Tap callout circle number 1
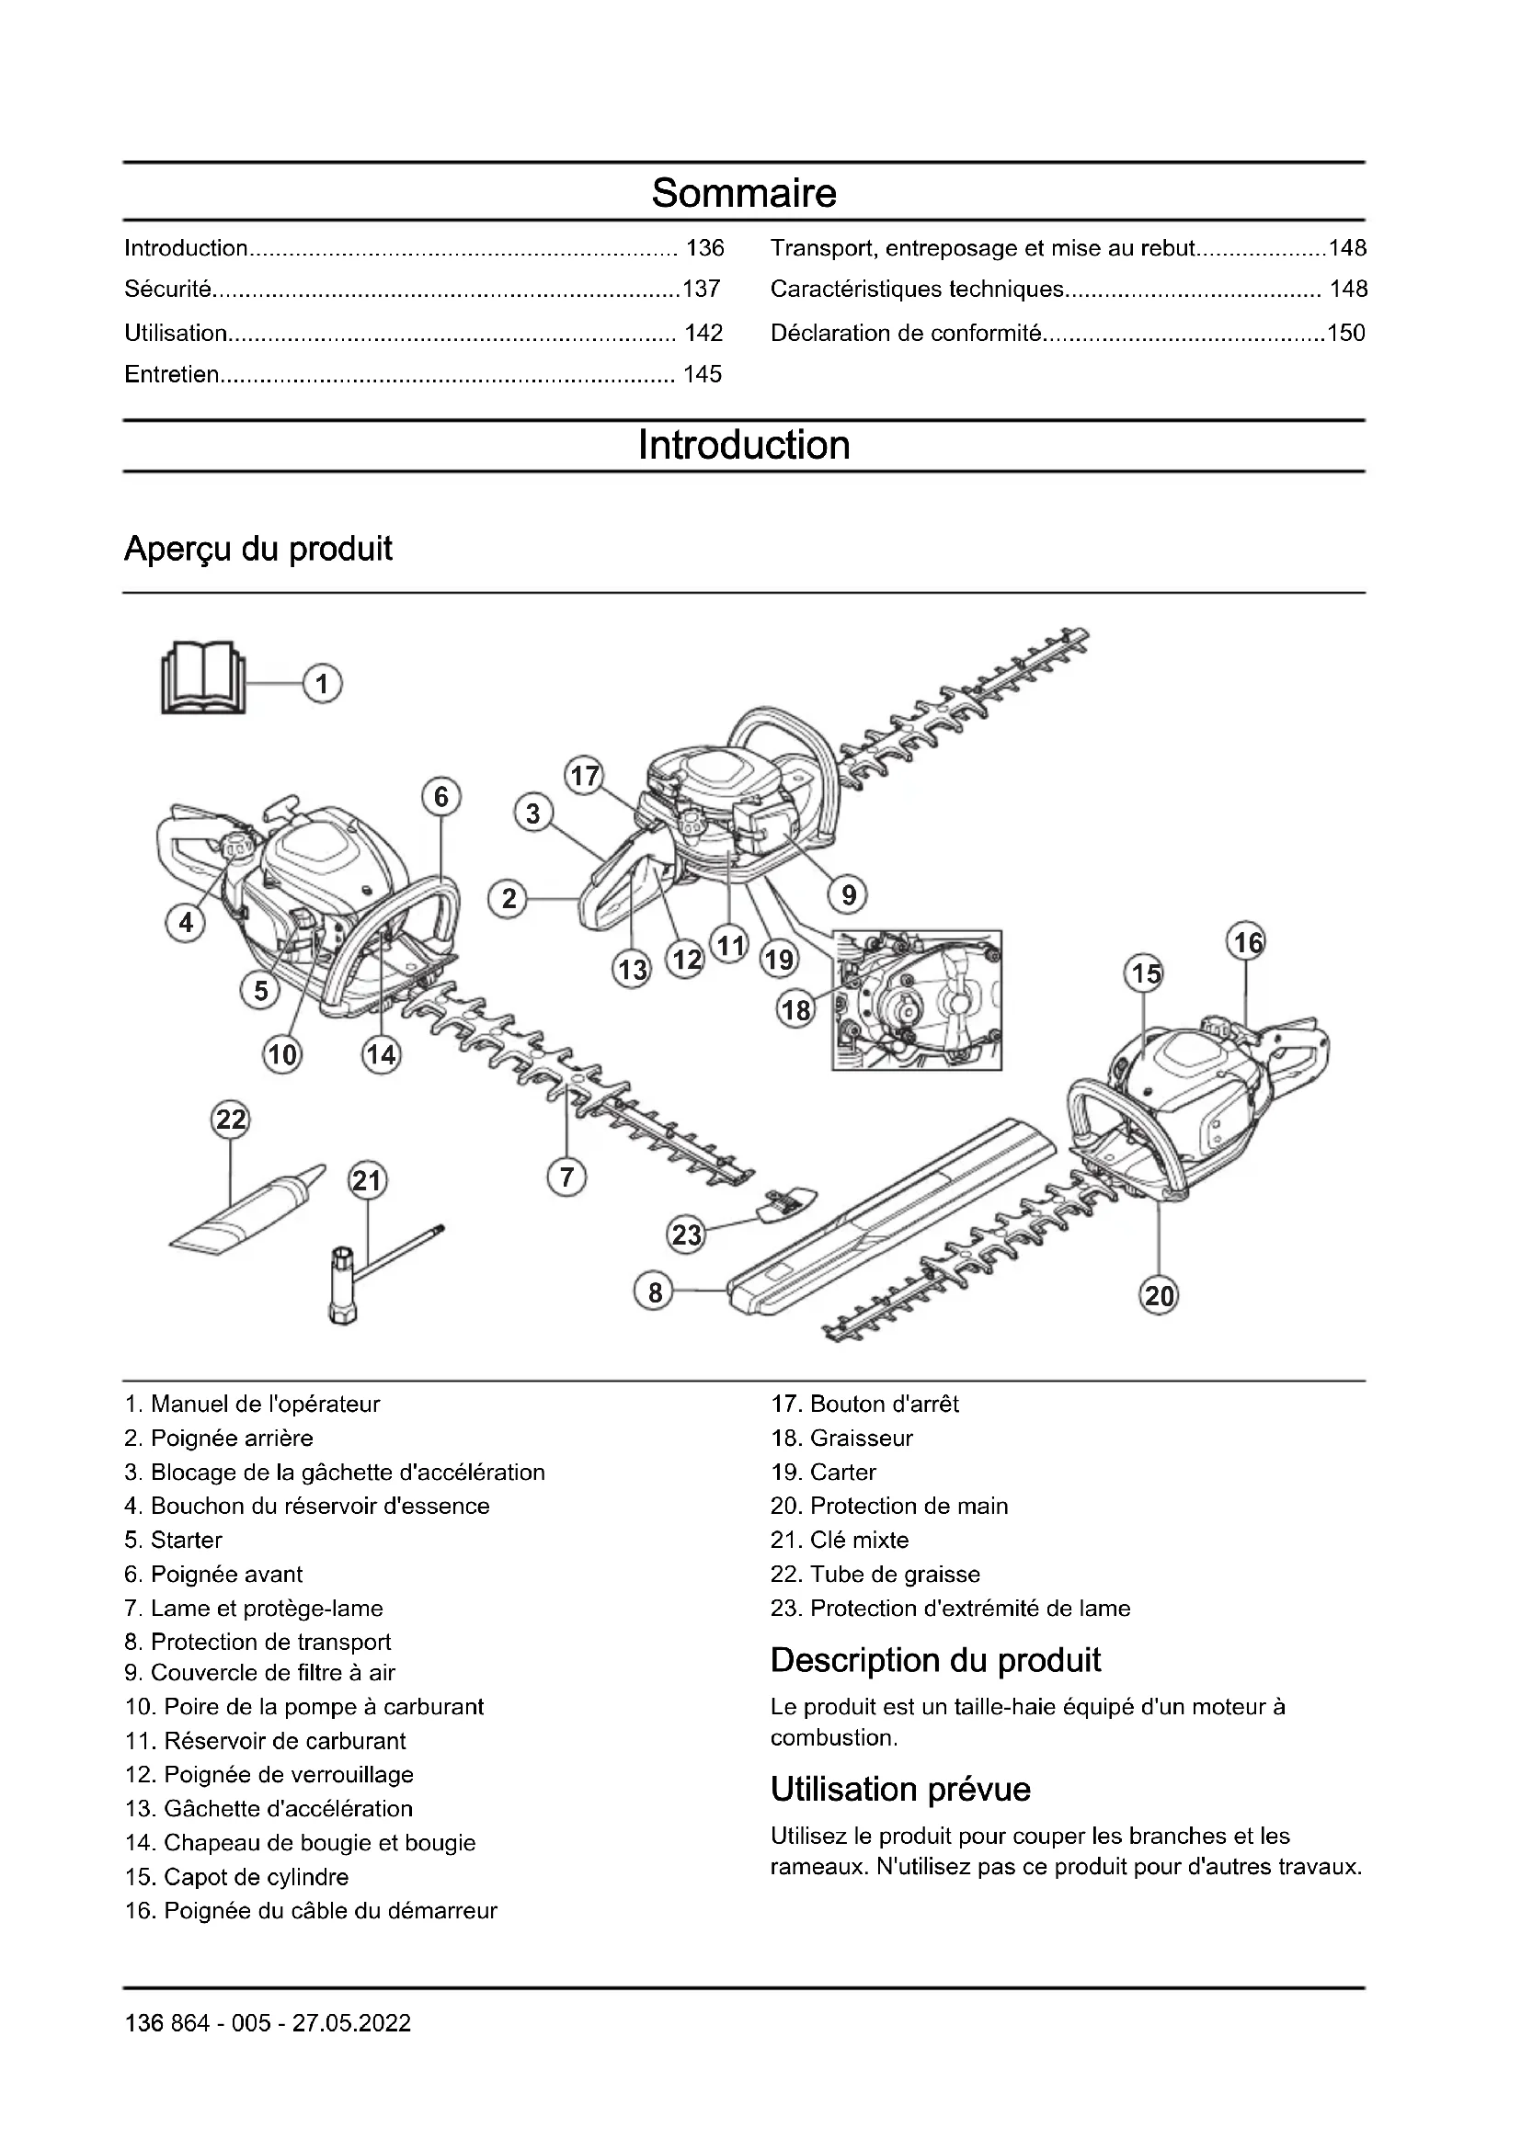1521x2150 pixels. tap(322, 684)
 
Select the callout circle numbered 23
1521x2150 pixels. tap(687, 1234)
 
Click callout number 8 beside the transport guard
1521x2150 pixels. tap(655, 1292)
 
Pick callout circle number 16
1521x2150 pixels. tap(1248, 942)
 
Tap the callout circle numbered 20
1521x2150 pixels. tap(1159, 1296)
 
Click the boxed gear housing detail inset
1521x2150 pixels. tap(918, 999)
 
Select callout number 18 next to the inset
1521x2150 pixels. tap(796, 1009)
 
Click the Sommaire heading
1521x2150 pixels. tap(744, 193)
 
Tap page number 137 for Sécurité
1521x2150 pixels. tap(702, 290)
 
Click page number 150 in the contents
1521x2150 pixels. tap(1346, 333)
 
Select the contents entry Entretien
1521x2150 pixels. tap(171, 374)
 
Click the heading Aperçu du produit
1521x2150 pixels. tap(258, 549)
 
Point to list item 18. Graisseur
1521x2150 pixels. tap(841, 1439)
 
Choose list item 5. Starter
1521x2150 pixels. tap(174, 1541)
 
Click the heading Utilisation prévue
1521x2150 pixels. tap(900, 1790)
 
